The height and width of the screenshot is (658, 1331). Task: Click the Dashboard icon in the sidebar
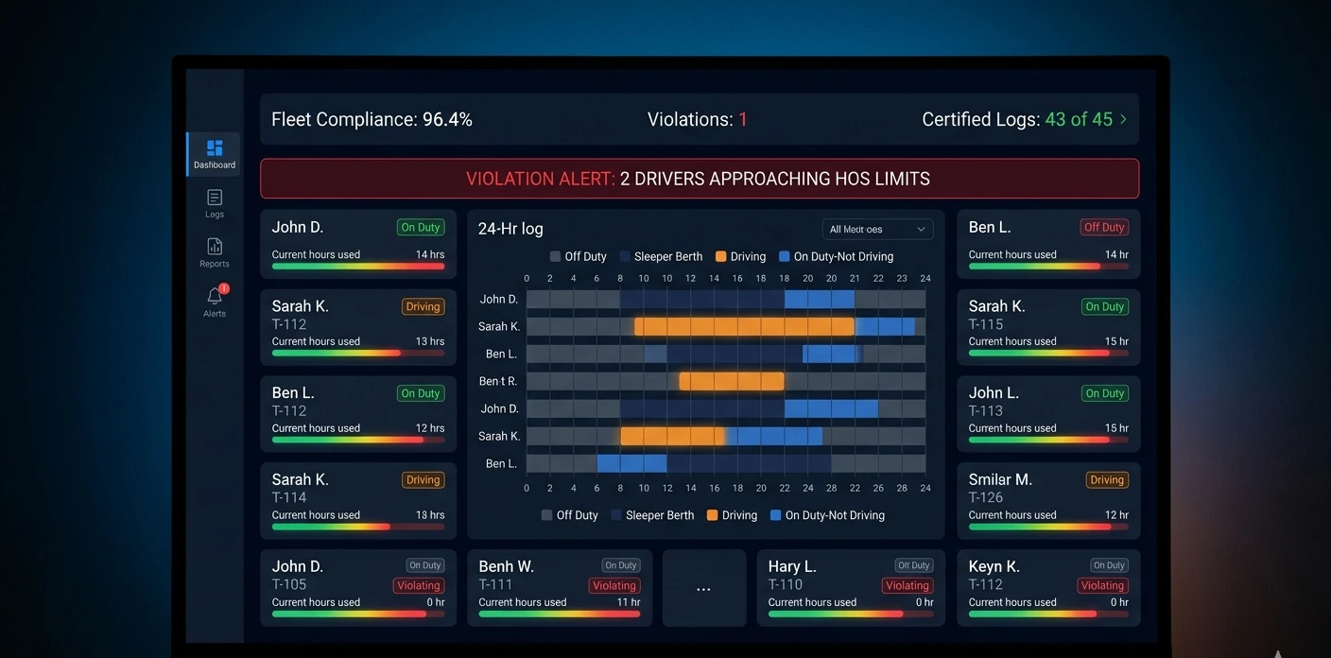(x=215, y=148)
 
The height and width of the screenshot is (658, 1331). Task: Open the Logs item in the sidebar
(x=215, y=198)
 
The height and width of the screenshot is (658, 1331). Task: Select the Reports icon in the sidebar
(x=215, y=247)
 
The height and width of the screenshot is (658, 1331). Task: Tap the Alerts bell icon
(x=215, y=296)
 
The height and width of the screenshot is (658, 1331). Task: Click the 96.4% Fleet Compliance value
(x=447, y=120)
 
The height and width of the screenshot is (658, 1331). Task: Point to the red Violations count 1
(x=743, y=120)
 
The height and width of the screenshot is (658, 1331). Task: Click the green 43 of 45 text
(x=1079, y=120)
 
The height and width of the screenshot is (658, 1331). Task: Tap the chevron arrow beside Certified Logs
(x=1123, y=119)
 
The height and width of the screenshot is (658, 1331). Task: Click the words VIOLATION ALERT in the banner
(x=540, y=179)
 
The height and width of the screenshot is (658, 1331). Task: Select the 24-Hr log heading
(x=510, y=229)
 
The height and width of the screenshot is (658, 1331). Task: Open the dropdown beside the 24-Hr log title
(x=877, y=229)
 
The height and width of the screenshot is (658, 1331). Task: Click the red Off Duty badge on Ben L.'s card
(x=1104, y=227)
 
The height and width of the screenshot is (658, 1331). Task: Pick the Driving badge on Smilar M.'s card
(x=1106, y=480)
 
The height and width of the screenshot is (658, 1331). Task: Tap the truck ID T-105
(x=289, y=584)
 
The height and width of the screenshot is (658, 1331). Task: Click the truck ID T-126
(x=986, y=497)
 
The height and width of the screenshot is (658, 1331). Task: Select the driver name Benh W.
(x=507, y=566)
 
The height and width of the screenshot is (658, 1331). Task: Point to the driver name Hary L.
(x=792, y=566)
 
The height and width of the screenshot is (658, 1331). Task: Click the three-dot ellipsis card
(x=703, y=589)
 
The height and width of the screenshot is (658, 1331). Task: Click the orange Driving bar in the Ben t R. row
(x=732, y=381)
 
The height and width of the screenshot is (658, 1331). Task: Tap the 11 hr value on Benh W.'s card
(x=629, y=602)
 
